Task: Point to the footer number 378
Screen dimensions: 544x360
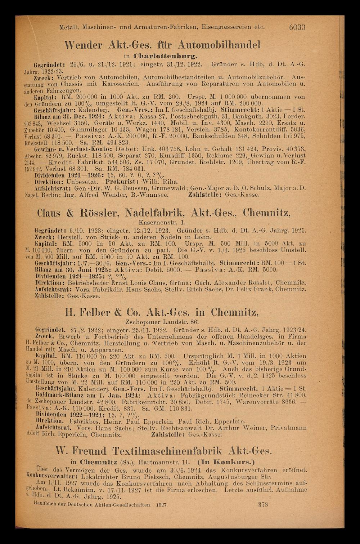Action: coord(263,505)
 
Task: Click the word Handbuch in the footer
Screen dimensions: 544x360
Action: coord(46,505)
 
